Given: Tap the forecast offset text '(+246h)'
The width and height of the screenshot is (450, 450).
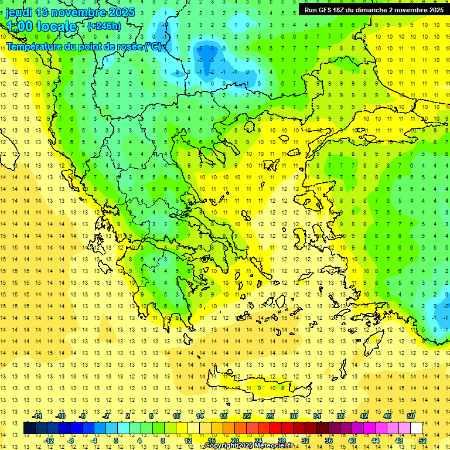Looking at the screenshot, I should click(x=104, y=26).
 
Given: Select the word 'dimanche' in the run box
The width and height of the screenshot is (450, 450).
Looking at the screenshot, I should click(x=381, y=9).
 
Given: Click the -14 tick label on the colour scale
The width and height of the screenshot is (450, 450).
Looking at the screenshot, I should click(x=38, y=416).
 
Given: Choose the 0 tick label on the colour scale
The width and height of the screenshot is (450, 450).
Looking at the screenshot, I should click(x=116, y=440).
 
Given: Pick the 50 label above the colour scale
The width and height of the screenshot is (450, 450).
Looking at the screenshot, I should click(x=411, y=416).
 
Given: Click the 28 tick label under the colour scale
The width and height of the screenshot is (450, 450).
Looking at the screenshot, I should click(x=281, y=440).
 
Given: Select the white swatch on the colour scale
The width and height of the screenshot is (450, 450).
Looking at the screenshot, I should click(x=417, y=428).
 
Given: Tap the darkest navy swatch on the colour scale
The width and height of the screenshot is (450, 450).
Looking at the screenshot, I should click(x=29, y=428).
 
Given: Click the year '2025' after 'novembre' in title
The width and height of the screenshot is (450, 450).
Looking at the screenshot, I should click(x=122, y=12).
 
